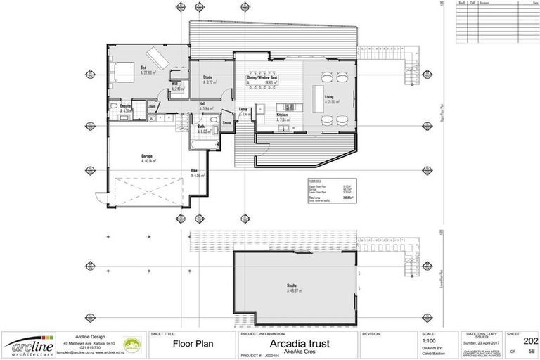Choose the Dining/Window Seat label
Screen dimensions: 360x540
point(262,78)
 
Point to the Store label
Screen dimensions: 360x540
point(226,123)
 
